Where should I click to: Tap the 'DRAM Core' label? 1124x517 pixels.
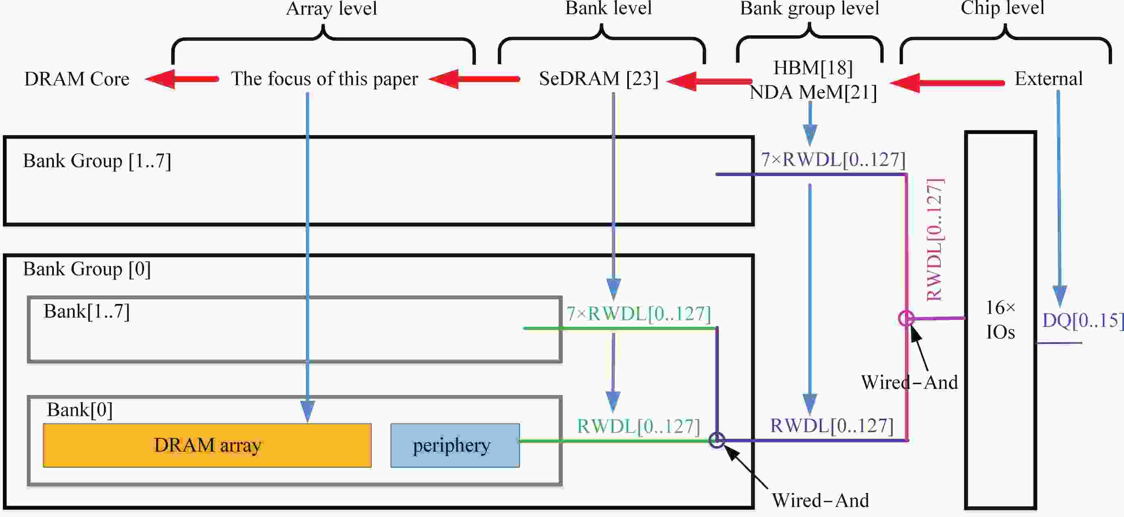tap(77, 79)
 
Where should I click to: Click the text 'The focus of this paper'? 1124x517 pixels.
tap(324, 79)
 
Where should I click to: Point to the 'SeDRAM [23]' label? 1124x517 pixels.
tap(599, 79)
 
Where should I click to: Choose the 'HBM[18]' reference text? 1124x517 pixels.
tap(813, 68)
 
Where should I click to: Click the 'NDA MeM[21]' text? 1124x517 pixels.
tap(813, 93)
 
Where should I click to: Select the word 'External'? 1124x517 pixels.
tap(1049, 79)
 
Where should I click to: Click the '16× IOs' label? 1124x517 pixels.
tap(1000, 320)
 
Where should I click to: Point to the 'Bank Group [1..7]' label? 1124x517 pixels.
tap(97, 161)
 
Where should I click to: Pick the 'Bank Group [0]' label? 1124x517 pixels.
tap(87, 269)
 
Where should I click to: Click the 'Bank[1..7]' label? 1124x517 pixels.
tap(87, 312)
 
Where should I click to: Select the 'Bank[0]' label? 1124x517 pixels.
tap(80, 410)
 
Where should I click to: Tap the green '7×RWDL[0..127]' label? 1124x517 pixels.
tap(638, 314)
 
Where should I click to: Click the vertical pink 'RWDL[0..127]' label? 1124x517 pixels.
tap(935, 239)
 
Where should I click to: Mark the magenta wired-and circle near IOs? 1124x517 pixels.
tap(906, 318)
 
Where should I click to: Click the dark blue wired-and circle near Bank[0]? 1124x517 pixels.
tap(717, 440)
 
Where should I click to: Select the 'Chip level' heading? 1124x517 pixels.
tap(1002, 8)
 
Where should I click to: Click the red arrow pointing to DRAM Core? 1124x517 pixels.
tap(181, 79)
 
